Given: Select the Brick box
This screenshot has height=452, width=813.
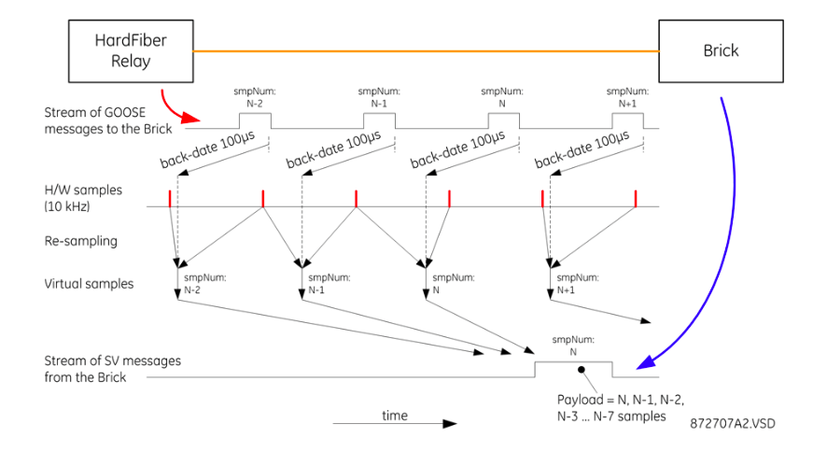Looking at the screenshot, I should pos(720,50).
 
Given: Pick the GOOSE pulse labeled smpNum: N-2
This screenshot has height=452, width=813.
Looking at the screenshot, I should pos(254,120).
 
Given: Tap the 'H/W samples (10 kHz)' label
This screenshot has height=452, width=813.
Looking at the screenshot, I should pos(82,197).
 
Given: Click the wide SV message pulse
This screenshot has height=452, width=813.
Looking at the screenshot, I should pos(573,369).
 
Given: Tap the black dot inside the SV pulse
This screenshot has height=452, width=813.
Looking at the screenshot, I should pos(581,370).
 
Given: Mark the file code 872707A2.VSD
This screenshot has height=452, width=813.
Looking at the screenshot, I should pos(733,423).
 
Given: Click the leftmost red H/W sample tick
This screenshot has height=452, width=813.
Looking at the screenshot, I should pos(170,198).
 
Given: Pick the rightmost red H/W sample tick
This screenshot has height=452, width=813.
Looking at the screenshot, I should pos(636,198).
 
